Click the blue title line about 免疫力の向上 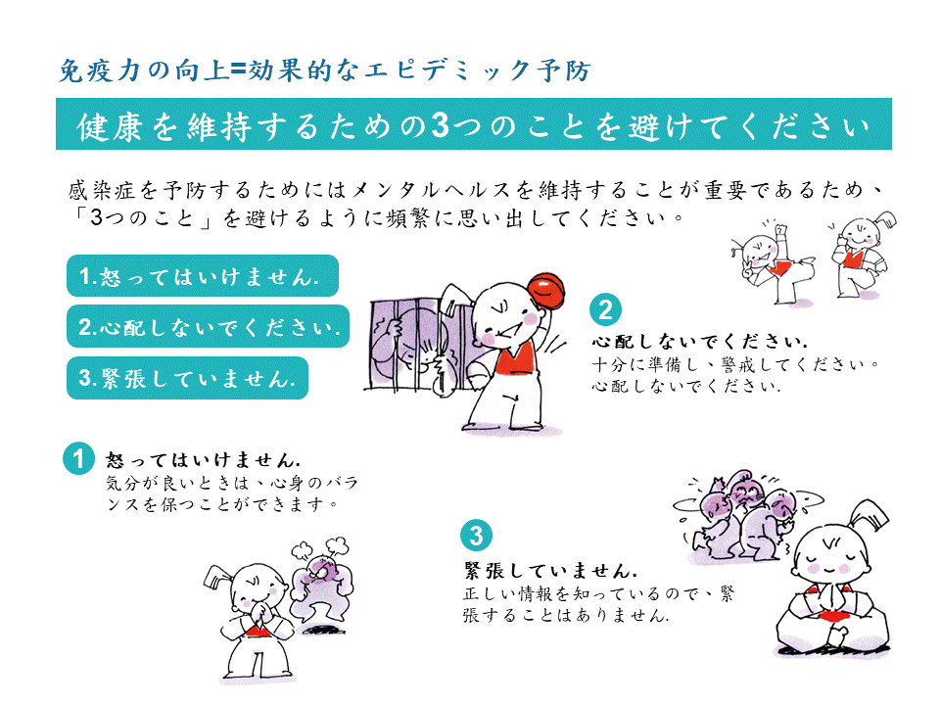pos(324,70)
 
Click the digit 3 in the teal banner pos(440,125)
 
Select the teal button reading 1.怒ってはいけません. pos(203,276)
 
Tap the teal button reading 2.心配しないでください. pos(208,326)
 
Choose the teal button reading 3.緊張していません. pos(187,378)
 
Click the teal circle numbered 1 pos(78,458)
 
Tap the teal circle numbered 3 pos(476,536)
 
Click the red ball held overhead pos(546,290)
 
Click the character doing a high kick pos(773,262)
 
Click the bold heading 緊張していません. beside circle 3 pos(551,570)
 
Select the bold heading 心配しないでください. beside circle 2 pos(699,341)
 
